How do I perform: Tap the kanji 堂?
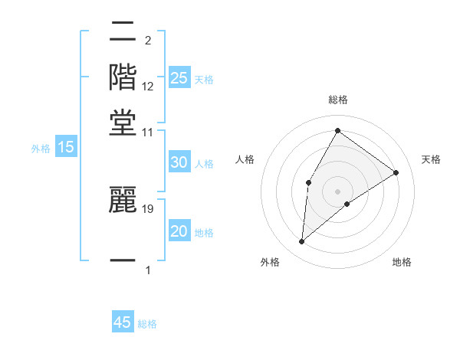pyautogui.click(x=123, y=121)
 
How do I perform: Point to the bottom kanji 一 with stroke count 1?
pyautogui.click(x=123, y=261)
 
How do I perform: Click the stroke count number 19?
pyautogui.click(x=148, y=208)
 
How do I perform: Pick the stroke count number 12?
pyautogui.click(x=148, y=87)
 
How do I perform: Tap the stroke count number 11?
pyautogui.click(x=148, y=133)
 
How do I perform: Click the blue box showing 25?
pyautogui.click(x=179, y=77)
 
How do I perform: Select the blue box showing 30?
pyautogui.click(x=179, y=162)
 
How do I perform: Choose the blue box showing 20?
pyautogui.click(x=179, y=231)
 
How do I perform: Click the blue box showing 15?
pyautogui.click(x=65, y=147)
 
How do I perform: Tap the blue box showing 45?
pyautogui.click(x=123, y=322)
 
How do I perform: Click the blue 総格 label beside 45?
pyautogui.click(x=147, y=324)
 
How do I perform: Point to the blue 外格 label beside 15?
pyautogui.click(x=40, y=149)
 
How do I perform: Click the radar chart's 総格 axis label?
pyautogui.click(x=337, y=100)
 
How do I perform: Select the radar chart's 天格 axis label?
pyautogui.click(x=431, y=159)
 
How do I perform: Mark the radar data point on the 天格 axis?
pyautogui.click(x=396, y=172)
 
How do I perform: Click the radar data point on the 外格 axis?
pyautogui.click(x=302, y=242)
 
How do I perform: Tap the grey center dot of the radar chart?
pyautogui.click(x=337, y=191)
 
